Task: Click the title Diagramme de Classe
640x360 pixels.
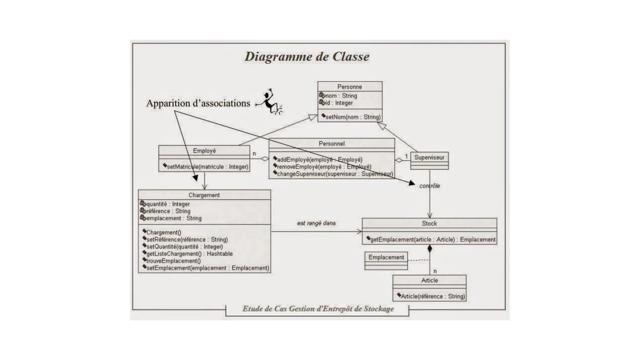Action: coord(307,57)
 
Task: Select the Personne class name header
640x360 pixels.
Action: coord(349,87)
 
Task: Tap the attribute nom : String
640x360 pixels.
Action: coord(341,96)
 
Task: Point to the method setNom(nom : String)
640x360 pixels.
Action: coord(353,117)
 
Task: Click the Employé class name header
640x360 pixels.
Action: coord(204,151)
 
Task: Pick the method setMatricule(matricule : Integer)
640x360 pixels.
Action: coord(207,167)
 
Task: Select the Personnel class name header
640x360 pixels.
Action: coord(332,144)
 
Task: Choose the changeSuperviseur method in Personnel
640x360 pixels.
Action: coord(335,174)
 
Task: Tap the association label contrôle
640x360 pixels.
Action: coord(429,186)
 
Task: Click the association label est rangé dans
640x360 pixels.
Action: coord(316,223)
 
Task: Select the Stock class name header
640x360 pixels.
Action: coord(429,223)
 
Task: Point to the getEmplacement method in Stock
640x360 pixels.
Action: coord(432,240)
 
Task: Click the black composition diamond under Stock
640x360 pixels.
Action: coord(430,249)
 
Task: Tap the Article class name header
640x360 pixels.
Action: coord(429,280)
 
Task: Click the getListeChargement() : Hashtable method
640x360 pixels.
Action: coord(189,254)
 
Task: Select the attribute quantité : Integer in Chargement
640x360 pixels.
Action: coord(168,204)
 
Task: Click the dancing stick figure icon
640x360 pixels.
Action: coord(271,102)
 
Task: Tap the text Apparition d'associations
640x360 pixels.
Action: coord(198,103)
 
